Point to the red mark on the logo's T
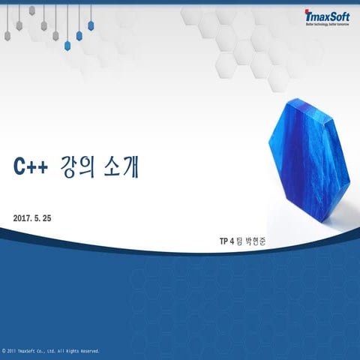click(x=307, y=11)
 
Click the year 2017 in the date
click(x=22, y=218)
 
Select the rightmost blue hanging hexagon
click(x=91, y=25)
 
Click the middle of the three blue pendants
click(x=79, y=35)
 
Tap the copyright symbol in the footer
click(x=4, y=350)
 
